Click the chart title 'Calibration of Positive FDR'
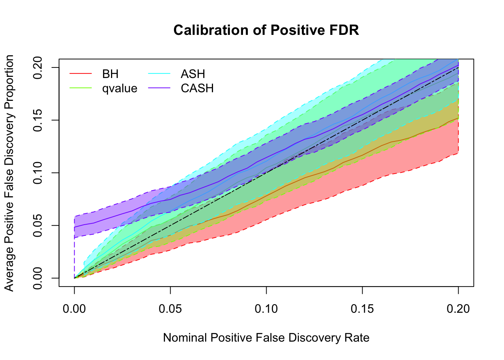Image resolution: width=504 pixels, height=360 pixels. (266, 30)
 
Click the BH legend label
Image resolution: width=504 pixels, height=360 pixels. (110, 74)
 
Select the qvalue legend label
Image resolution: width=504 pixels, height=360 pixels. (120, 88)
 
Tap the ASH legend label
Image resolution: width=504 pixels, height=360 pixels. (193, 74)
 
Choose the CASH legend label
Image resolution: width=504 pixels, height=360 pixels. (197, 88)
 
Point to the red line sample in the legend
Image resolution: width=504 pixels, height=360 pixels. (81, 74)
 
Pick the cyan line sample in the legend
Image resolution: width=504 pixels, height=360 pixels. (159, 74)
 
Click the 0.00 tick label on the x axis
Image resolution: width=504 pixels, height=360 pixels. (74, 309)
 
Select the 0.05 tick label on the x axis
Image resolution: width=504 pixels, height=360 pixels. (170, 309)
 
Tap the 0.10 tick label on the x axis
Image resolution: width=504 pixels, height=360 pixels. (266, 309)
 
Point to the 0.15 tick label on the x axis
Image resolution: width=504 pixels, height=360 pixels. (362, 309)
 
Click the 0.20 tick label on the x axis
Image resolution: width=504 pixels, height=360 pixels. (458, 309)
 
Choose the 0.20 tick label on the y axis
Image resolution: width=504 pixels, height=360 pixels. (37, 67)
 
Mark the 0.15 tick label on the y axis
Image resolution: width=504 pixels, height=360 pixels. (37, 120)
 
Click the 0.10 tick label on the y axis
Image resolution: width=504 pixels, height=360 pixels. (37, 173)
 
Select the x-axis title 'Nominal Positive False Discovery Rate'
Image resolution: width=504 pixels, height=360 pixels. (266, 338)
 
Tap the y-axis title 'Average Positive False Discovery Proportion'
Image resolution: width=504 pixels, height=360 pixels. (9, 173)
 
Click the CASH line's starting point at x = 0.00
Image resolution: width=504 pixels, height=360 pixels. (74, 227)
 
